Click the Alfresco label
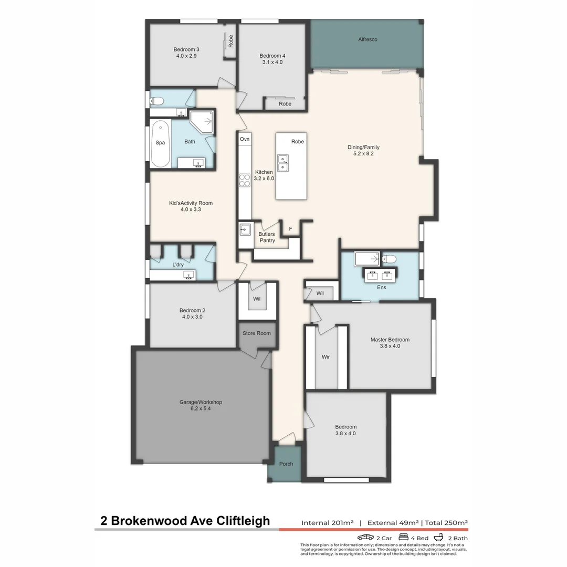[x=367, y=39]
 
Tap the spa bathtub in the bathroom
[x=160, y=143]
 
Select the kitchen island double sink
[x=283, y=162]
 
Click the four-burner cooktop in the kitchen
[x=245, y=180]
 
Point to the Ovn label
[x=245, y=139]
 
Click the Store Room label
[x=256, y=333]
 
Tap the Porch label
[x=286, y=464]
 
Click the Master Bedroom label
[x=390, y=340]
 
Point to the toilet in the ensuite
[x=390, y=258]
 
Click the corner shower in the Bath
[x=202, y=122]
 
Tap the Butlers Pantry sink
[x=245, y=229]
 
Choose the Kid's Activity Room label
[x=191, y=203]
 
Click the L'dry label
[x=178, y=265]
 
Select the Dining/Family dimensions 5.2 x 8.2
[x=363, y=154]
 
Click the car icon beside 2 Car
[x=365, y=538]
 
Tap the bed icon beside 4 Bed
[x=404, y=538]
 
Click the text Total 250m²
[x=446, y=523]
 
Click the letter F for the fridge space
[x=290, y=229]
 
